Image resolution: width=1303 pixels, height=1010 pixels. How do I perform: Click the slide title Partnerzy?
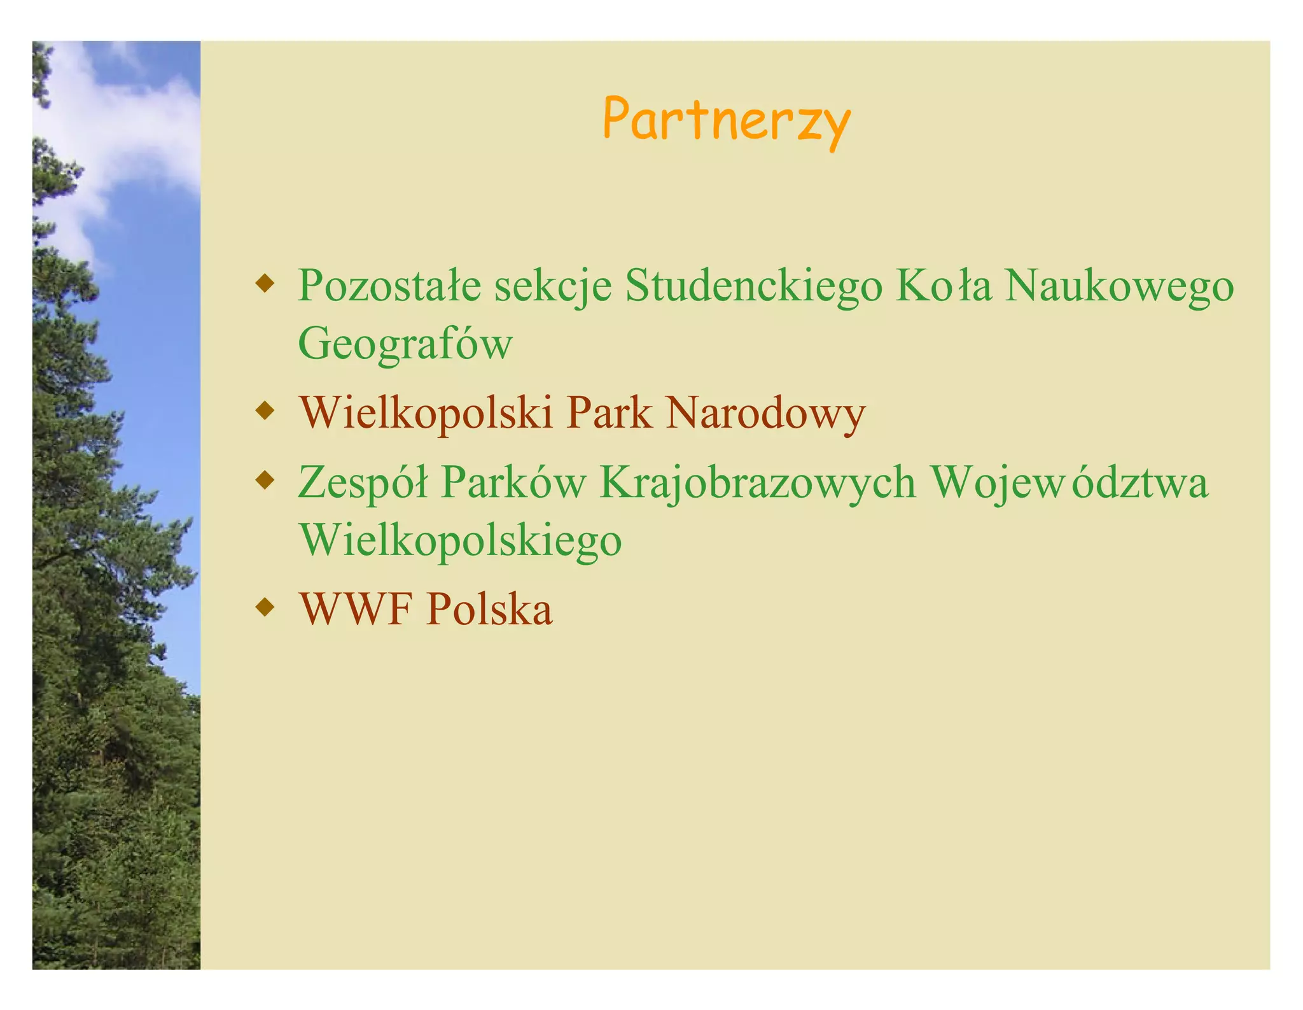(726, 120)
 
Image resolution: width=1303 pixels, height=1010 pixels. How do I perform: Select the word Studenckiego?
(753, 286)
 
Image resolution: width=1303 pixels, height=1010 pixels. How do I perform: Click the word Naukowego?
(1119, 286)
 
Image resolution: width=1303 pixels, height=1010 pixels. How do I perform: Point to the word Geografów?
(405, 344)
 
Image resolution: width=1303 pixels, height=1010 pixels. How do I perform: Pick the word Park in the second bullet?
(609, 413)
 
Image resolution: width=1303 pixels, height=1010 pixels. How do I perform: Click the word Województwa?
(1068, 482)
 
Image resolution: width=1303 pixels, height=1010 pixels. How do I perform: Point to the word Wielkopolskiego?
(460, 540)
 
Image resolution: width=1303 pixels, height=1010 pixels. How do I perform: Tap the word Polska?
(489, 609)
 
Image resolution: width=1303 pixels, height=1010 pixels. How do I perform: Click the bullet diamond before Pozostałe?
(264, 283)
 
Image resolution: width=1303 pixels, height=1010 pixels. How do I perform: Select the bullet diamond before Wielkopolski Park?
(264, 410)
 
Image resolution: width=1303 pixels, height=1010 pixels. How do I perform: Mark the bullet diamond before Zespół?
(264, 479)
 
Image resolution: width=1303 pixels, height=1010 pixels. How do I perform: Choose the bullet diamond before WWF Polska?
(264, 607)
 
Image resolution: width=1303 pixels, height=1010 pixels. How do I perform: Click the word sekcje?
(553, 286)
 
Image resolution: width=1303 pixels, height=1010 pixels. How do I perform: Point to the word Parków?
(512, 482)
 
